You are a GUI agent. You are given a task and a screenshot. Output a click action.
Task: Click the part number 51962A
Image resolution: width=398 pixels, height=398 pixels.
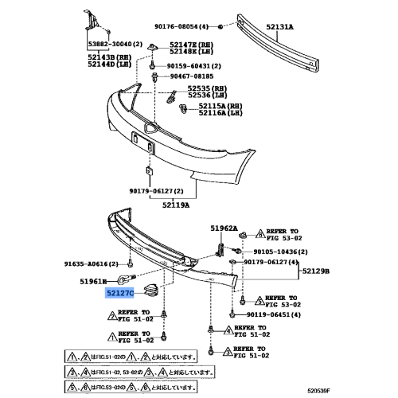click(x=224, y=228)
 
